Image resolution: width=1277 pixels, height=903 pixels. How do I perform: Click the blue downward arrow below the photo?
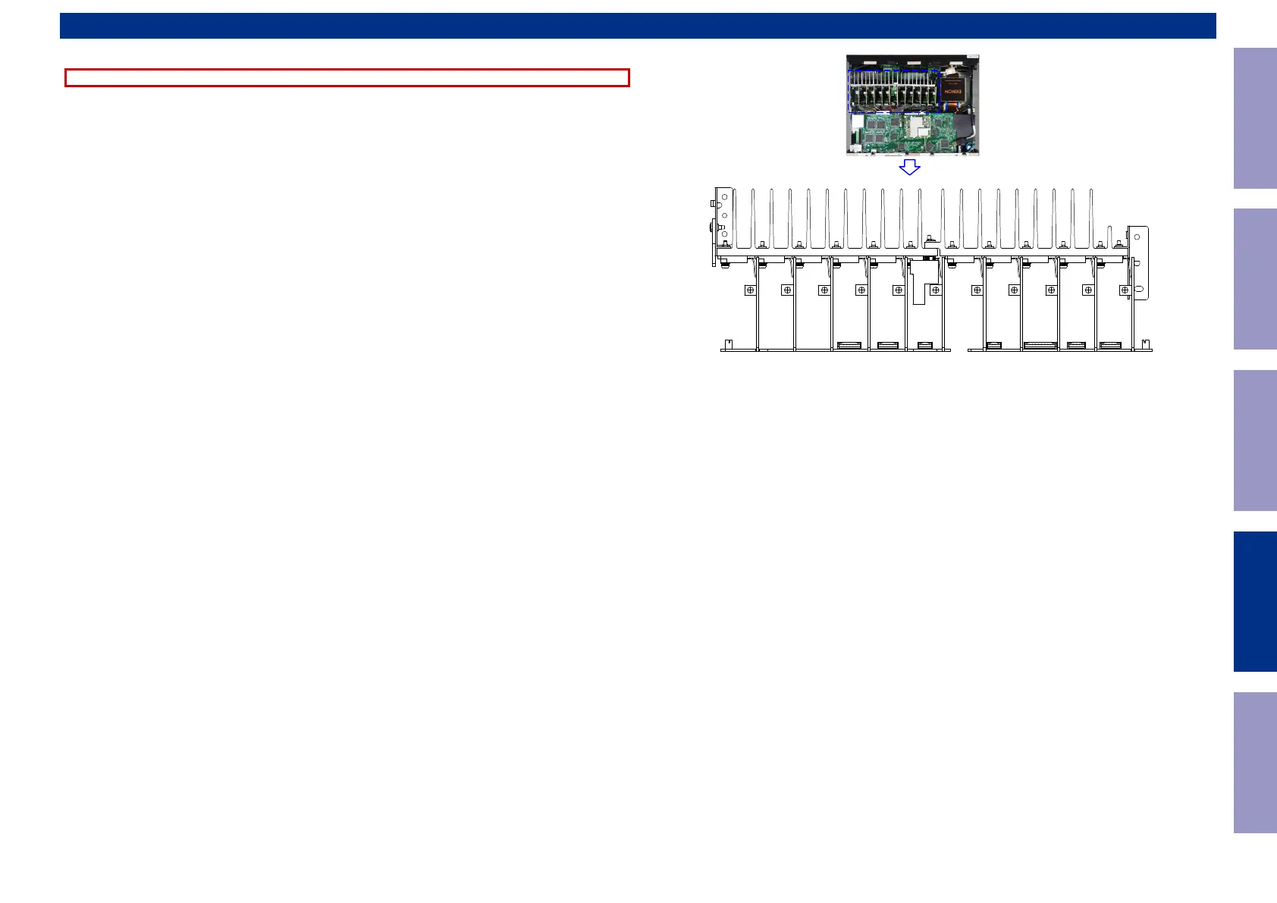tap(909, 167)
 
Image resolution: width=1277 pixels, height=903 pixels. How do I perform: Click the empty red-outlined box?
tap(347, 77)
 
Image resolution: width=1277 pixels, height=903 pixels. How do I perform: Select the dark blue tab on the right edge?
tap(1255, 601)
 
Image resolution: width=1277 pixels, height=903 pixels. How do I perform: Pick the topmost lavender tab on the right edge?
tap(1255, 118)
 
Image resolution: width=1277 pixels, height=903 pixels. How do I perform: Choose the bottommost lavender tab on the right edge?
tap(1255, 762)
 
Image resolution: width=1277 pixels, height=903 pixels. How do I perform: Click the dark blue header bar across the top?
tap(637, 26)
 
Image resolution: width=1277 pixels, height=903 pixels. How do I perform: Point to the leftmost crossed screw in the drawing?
tap(750, 290)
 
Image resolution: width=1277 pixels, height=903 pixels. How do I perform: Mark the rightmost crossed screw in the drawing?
tap(1125, 290)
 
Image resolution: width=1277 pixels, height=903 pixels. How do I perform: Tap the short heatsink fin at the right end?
tap(1109, 236)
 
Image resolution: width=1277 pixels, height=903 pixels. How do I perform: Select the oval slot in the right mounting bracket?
tap(1139, 289)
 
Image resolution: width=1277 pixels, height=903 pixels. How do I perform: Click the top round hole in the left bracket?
tap(724, 197)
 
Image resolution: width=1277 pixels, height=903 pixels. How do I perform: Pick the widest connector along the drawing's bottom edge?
tap(1040, 346)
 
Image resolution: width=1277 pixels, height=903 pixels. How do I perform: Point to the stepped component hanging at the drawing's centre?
tap(920, 284)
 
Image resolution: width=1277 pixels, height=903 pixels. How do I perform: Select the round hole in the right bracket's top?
tap(1137, 237)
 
